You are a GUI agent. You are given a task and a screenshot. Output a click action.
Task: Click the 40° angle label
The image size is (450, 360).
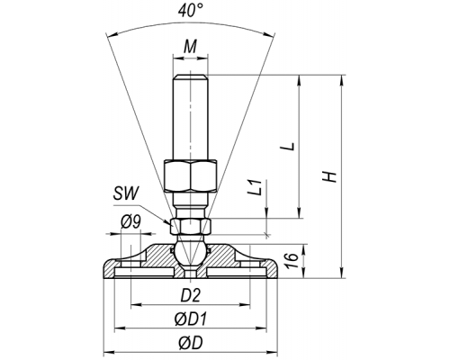[191, 11]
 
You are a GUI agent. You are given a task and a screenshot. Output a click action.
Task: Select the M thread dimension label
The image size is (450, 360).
[190, 47]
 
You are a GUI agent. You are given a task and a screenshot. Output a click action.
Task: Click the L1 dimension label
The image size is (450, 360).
[256, 188]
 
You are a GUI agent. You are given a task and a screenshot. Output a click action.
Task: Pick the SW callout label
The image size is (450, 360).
[126, 193]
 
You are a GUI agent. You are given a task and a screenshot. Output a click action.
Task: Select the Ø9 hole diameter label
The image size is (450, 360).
[130, 222]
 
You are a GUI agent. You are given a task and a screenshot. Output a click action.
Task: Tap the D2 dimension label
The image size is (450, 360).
[190, 295]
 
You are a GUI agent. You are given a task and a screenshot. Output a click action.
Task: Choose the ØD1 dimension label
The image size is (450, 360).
[191, 319]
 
